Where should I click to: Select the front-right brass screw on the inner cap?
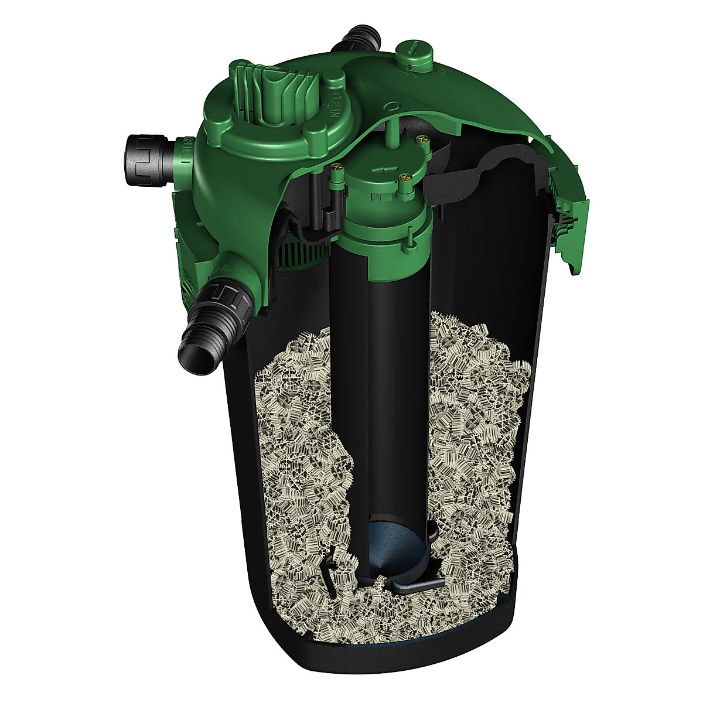pos(404,175)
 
